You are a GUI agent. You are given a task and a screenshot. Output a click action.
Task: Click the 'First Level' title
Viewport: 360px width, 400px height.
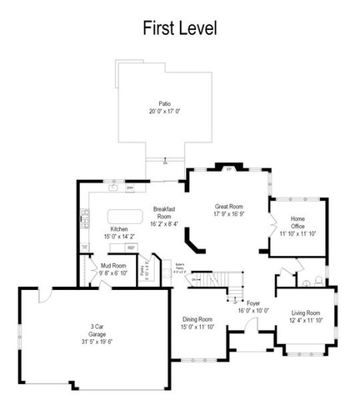point(179,28)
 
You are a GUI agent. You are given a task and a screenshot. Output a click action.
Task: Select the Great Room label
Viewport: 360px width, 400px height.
point(228,206)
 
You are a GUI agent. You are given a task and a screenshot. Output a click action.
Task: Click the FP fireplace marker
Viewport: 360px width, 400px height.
point(229,169)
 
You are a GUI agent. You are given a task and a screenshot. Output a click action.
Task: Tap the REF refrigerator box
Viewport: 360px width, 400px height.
point(131,248)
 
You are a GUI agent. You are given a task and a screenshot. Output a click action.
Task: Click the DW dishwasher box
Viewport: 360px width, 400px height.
point(131,188)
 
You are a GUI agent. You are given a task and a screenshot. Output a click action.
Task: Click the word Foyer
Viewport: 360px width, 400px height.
point(253,303)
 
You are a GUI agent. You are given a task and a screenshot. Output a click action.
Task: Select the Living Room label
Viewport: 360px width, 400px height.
point(305,313)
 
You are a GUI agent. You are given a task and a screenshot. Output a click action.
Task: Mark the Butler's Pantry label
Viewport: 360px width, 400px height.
point(178,264)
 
